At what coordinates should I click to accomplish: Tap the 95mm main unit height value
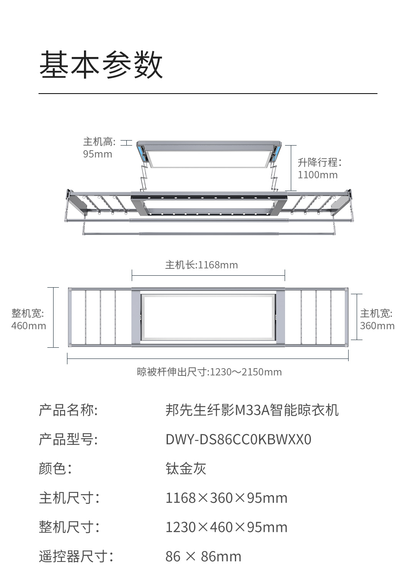[x=97, y=154]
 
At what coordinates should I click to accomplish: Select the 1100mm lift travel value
[x=317, y=175]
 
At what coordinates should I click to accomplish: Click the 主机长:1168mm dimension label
[x=201, y=265]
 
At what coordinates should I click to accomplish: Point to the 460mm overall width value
[x=29, y=326]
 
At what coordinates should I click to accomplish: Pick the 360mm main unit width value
[x=377, y=326]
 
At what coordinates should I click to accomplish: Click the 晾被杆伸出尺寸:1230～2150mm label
[x=209, y=372]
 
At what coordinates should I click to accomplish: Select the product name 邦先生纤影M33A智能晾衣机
[x=252, y=410]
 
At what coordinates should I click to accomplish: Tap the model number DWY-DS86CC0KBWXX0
[x=238, y=439]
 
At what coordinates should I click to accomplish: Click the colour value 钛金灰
[x=186, y=469]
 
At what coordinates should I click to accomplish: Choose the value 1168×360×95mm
[x=226, y=498]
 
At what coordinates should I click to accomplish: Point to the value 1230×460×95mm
[x=226, y=527]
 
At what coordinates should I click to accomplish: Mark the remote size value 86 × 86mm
[x=203, y=556]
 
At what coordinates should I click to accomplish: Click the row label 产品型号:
[x=68, y=439]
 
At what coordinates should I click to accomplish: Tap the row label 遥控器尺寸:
[x=76, y=556]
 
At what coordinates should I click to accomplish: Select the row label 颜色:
[x=55, y=469]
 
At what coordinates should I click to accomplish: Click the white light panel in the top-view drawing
[x=208, y=317]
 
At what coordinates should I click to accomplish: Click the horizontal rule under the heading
[x=208, y=94]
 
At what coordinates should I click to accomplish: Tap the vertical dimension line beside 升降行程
[x=291, y=168]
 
